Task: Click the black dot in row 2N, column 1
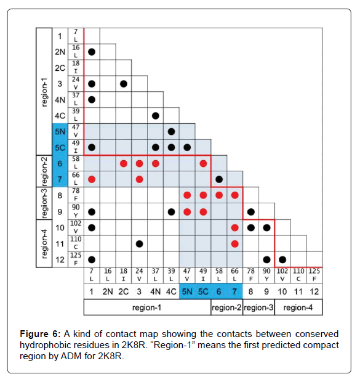pyautogui.click(x=92, y=52)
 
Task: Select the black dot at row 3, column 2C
pyautogui.click(x=124, y=84)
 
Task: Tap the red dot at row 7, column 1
pyautogui.click(x=92, y=179)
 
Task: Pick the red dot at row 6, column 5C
pyautogui.click(x=203, y=164)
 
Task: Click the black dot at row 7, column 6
pyautogui.click(x=219, y=179)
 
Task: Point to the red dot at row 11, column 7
pyautogui.click(x=235, y=244)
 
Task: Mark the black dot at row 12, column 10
pyautogui.click(x=282, y=260)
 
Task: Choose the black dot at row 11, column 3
pyautogui.click(x=139, y=244)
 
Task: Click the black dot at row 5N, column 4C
pyautogui.click(x=171, y=132)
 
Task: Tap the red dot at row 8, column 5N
pyautogui.click(x=187, y=195)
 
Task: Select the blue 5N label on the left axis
pyautogui.click(x=60, y=132)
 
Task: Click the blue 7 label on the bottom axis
pyautogui.click(x=234, y=291)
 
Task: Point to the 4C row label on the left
pyautogui.click(x=60, y=116)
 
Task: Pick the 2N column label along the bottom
pyautogui.click(x=108, y=291)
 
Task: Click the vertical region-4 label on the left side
pyautogui.click(x=44, y=243)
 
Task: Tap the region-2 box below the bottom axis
pyautogui.click(x=226, y=307)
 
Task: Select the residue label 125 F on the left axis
pyautogui.click(x=76, y=259)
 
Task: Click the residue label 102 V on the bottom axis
pyautogui.click(x=282, y=275)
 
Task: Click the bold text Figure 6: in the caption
pyautogui.click(x=40, y=334)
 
